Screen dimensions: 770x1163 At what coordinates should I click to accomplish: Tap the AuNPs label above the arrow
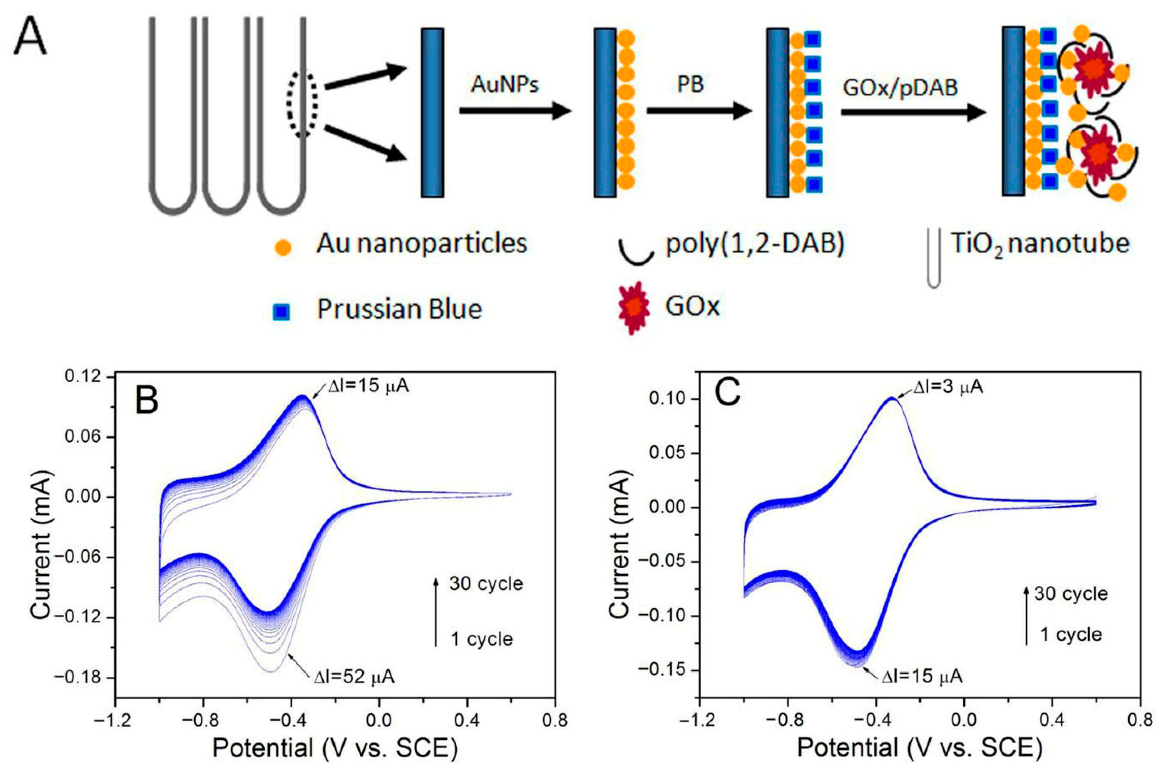point(505,85)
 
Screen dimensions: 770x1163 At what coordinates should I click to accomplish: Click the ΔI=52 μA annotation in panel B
point(354,677)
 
